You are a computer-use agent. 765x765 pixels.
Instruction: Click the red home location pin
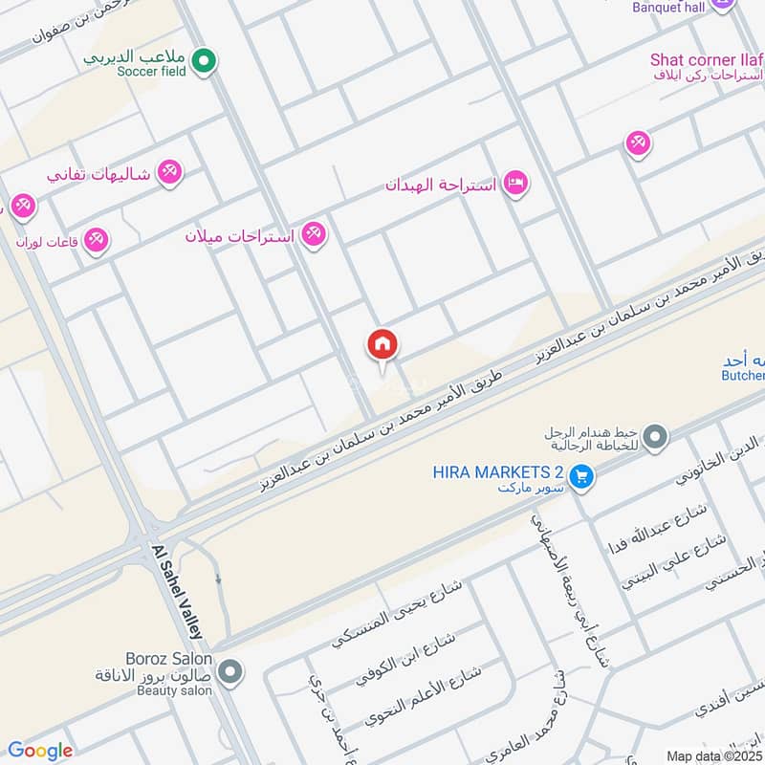tap(382, 345)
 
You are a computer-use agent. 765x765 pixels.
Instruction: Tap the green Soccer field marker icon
tap(203, 63)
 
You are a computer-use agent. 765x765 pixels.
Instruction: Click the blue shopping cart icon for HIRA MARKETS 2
tap(580, 474)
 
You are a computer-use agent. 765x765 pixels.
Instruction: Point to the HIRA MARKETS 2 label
tap(497, 472)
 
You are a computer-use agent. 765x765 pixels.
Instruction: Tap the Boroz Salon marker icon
tap(229, 673)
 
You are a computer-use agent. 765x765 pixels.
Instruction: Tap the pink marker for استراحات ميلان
tap(314, 233)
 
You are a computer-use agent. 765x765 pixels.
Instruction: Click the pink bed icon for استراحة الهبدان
tap(515, 183)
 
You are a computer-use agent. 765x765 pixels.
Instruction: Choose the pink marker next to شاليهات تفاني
tap(170, 171)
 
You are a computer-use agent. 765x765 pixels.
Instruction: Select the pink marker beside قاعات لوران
tap(96, 240)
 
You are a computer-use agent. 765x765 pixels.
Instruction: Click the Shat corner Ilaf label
tap(706, 59)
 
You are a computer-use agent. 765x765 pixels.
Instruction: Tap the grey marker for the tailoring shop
tap(655, 437)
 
